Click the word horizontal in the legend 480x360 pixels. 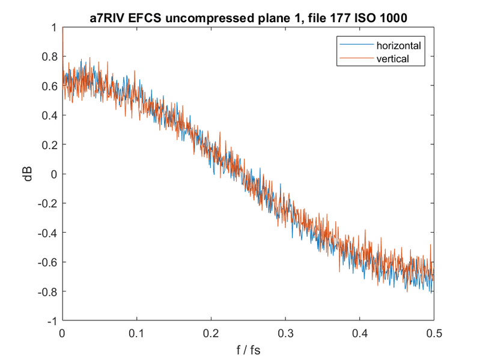coord(398,46)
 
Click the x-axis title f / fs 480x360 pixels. coord(248,348)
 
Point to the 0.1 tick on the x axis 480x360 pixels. coord(137,332)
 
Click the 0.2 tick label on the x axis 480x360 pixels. coord(211,332)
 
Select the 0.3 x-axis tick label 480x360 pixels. coord(285,332)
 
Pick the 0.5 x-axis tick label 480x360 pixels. coord(433,332)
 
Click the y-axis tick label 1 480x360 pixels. coord(55,28)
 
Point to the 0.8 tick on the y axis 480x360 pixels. coord(50,57)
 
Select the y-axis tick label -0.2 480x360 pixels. coord(48,204)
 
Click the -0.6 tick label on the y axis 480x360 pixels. coord(48,262)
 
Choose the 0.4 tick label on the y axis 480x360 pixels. coord(50,115)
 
